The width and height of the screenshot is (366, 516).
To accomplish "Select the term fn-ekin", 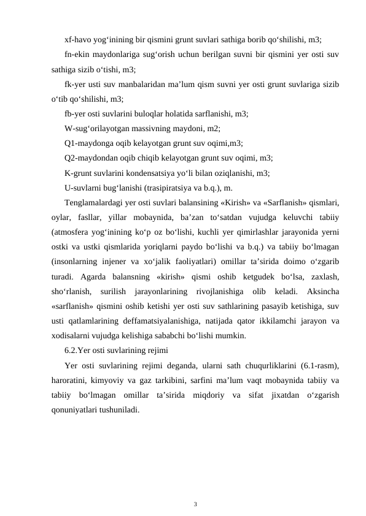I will (x=77, y=55).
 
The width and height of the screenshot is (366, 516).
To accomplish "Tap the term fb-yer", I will (x=76, y=113).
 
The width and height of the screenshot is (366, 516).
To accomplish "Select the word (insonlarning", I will (x=75, y=261).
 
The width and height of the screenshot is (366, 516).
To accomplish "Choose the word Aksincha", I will (x=321, y=290).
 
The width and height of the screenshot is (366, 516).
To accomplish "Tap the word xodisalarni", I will (x=70, y=335).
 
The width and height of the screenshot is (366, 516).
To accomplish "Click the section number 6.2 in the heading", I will (x=71, y=350).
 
